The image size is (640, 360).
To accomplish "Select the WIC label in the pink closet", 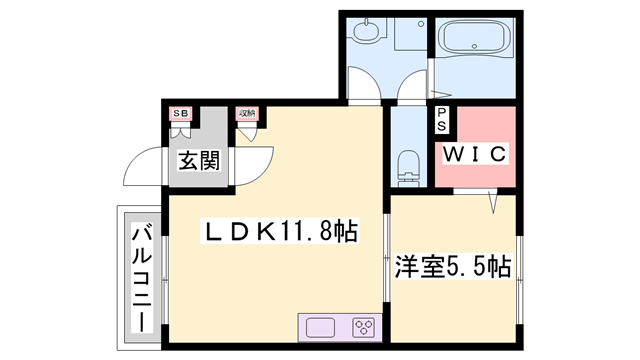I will click(x=475, y=155).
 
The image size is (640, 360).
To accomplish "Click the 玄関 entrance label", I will click(x=200, y=159).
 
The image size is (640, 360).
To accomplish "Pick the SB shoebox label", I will click(x=181, y=113).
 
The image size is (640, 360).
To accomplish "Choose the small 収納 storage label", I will click(x=247, y=113).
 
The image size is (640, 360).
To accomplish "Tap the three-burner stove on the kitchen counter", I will click(x=362, y=327).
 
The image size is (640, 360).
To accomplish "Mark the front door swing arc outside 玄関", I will click(x=143, y=170).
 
